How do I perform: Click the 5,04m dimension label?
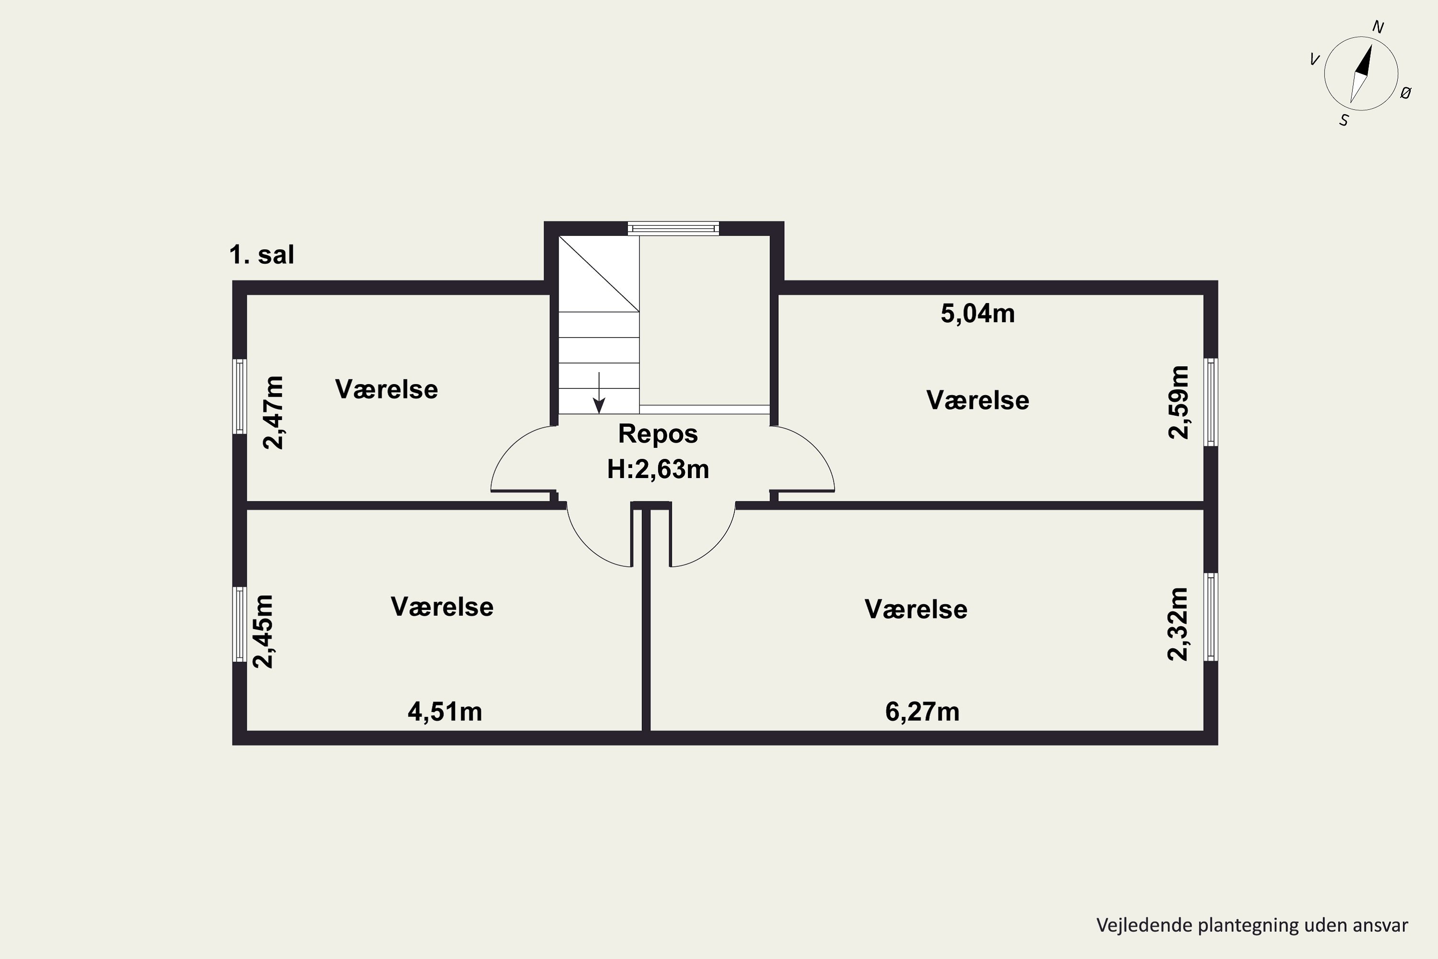coord(978,314)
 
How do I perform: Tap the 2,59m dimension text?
coord(1178,402)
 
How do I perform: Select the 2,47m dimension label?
coord(273,413)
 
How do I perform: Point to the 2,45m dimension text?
coord(264,631)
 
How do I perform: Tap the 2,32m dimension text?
coord(1178,624)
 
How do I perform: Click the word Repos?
coord(658,433)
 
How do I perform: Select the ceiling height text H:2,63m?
coord(658,469)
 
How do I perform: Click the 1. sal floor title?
coord(262,255)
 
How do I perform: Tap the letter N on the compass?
coord(1378,27)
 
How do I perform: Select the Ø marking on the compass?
coord(1405,93)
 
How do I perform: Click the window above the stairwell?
coord(673,229)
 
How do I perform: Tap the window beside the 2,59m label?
coord(1211,402)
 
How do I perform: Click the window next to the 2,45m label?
coord(240,624)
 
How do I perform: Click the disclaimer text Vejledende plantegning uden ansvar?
coord(1252,925)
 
